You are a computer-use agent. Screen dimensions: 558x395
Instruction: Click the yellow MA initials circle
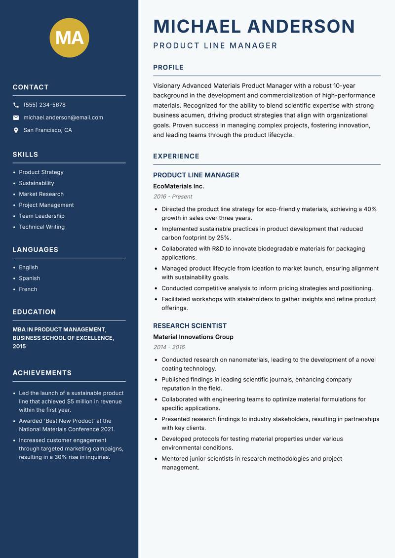point(69,38)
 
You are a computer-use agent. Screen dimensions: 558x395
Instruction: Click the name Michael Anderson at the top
point(254,26)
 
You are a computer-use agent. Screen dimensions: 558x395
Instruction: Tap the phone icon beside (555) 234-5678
point(16,105)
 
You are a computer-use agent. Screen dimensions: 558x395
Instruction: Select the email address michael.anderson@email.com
point(63,118)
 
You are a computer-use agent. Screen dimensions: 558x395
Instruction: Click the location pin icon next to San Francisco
point(16,130)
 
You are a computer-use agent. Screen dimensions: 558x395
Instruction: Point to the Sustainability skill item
point(37,183)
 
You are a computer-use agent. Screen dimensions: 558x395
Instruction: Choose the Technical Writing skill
point(41,227)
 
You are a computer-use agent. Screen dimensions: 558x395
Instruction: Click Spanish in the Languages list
point(29,279)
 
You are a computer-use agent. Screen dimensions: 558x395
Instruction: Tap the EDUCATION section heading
point(34,312)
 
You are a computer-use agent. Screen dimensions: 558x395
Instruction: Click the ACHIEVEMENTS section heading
point(42,373)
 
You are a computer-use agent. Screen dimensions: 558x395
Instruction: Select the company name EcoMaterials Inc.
point(178,187)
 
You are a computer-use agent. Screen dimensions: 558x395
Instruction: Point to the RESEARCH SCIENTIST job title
point(190,326)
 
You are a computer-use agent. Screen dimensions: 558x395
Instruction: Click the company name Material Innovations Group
point(193,337)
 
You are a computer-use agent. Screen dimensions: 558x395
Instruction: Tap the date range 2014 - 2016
point(169,347)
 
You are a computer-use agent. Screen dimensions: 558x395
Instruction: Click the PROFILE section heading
point(168,68)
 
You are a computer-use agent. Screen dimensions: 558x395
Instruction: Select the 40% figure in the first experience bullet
point(370,209)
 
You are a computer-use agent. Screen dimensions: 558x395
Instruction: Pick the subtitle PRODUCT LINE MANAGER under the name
point(215,46)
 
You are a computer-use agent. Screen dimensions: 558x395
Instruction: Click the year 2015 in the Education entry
point(19,347)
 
